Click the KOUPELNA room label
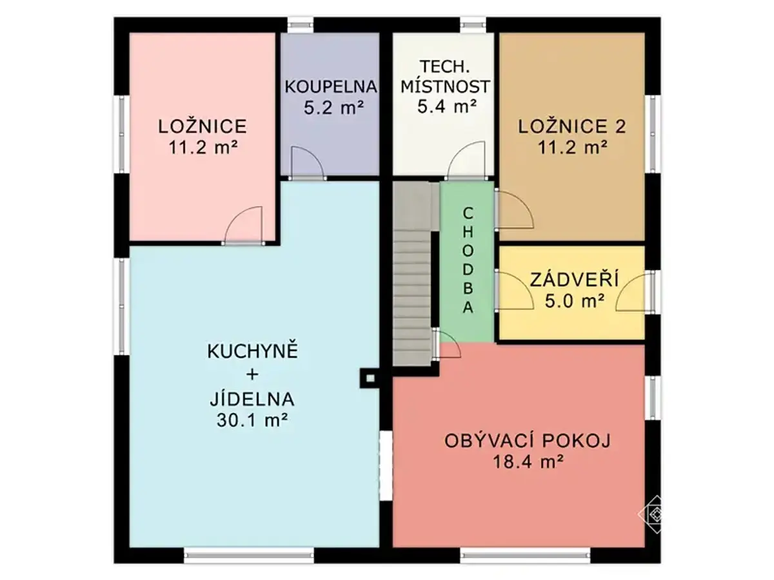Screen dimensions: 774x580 (330, 87)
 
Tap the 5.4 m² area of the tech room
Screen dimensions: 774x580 (447, 106)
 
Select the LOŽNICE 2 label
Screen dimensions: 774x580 (571, 127)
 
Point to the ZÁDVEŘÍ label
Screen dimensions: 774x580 (575, 280)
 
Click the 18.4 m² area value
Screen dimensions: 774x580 (527, 461)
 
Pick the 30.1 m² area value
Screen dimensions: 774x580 (252, 420)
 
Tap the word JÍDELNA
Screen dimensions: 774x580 (252, 398)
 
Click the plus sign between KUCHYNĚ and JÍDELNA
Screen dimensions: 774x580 (252, 374)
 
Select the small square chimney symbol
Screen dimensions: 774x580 (370, 378)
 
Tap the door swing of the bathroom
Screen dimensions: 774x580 (308, 162)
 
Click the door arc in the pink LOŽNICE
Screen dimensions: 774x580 (244, 225)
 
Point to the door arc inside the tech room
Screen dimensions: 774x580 (466, 159)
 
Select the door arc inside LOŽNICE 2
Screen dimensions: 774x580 (515, 210)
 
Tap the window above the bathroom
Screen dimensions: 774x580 (300, 24)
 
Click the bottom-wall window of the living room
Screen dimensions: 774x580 (525, 556)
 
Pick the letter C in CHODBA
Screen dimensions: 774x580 (468, 213)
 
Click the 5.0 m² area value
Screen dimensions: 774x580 (575, 302)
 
